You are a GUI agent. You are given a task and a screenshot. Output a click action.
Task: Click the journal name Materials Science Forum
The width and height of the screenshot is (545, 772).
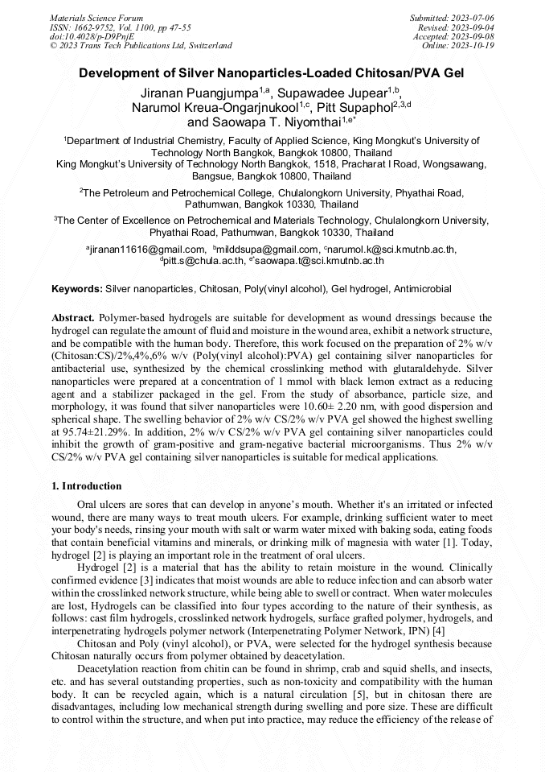click(x=96, y=17)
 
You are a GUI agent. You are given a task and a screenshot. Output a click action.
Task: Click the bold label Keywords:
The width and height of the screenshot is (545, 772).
click(x=77, y=288)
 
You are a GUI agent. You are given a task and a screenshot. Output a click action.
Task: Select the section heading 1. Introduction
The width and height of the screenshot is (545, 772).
click(x=87, y=486)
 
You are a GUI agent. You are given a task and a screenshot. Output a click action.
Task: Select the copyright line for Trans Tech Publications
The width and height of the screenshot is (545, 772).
click(x=141, y=46)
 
